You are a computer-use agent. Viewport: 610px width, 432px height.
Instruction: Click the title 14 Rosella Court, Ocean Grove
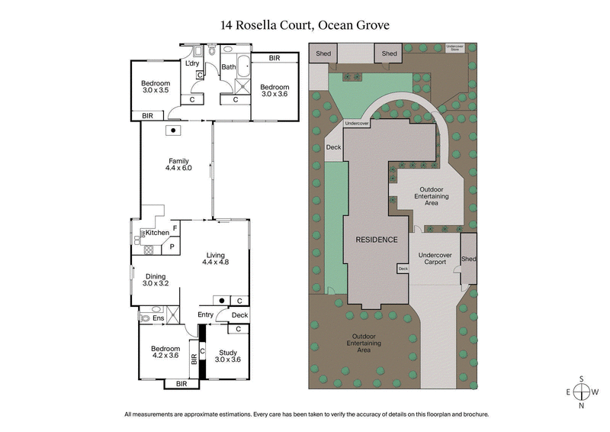[x=305, y=25]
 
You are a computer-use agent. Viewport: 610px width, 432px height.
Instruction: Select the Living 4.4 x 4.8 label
[x=215, y=257]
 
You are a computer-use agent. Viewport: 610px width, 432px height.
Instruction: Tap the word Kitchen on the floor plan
[x=157, y=232]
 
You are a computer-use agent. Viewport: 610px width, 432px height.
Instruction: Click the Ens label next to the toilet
[x=159, y=318]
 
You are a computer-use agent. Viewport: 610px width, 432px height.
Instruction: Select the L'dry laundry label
[x=191, y=63]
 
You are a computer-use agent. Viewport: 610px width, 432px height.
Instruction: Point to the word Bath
[x=228, y=67]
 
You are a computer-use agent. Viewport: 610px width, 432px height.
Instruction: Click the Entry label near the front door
[x=206, y=314]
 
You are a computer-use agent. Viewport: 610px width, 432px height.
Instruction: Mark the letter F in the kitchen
[x=175, y=227]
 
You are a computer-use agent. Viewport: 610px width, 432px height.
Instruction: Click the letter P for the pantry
[x=172, y=246]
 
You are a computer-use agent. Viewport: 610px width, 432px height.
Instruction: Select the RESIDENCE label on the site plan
[x=377, y=240]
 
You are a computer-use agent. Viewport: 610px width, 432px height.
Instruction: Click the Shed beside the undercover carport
[x=468, y=260]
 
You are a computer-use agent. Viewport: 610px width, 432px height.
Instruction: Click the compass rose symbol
[x=581, y=392]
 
